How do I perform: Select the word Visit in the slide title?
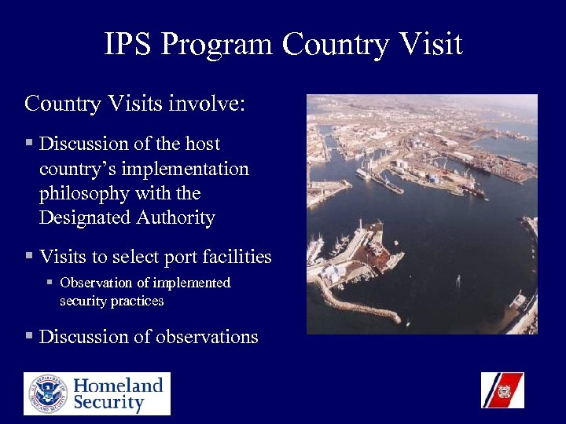(x=430, y=45)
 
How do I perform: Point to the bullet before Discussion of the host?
(x=29, y=144)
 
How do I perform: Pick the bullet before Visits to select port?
(x=29, y=257)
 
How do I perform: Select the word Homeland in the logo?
(x=119, y=385)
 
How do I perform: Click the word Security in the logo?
(x=109, y=403)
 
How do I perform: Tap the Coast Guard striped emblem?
(x=502, y=390)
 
